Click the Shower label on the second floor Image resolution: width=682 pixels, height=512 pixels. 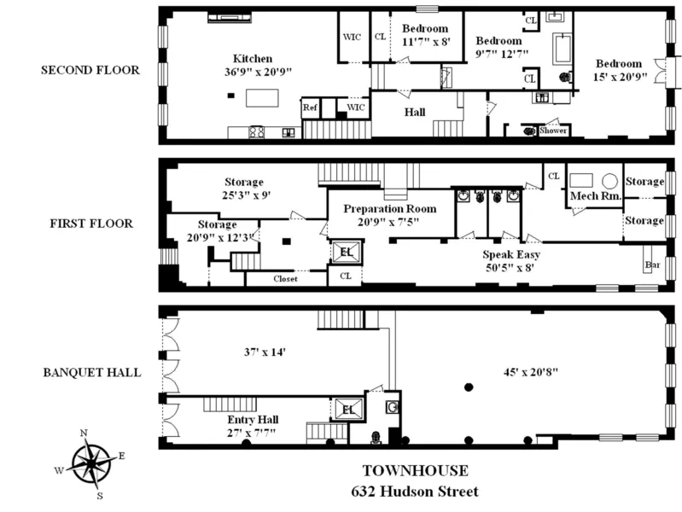(x=555, y=131)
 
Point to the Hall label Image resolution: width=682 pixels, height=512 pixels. (x=414, y=113)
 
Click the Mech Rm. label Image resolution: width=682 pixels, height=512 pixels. (x=596, y=195)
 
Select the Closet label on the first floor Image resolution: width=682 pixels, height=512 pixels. (x=285, y=279)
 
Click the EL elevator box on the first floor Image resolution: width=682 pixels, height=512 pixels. (x=347, y=253)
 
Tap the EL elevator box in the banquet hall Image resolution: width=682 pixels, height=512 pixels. (x=347, y=410)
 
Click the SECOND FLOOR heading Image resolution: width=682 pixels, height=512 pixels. (x=90, y=69)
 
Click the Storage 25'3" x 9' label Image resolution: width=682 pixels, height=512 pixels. (x=244, y=188)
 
